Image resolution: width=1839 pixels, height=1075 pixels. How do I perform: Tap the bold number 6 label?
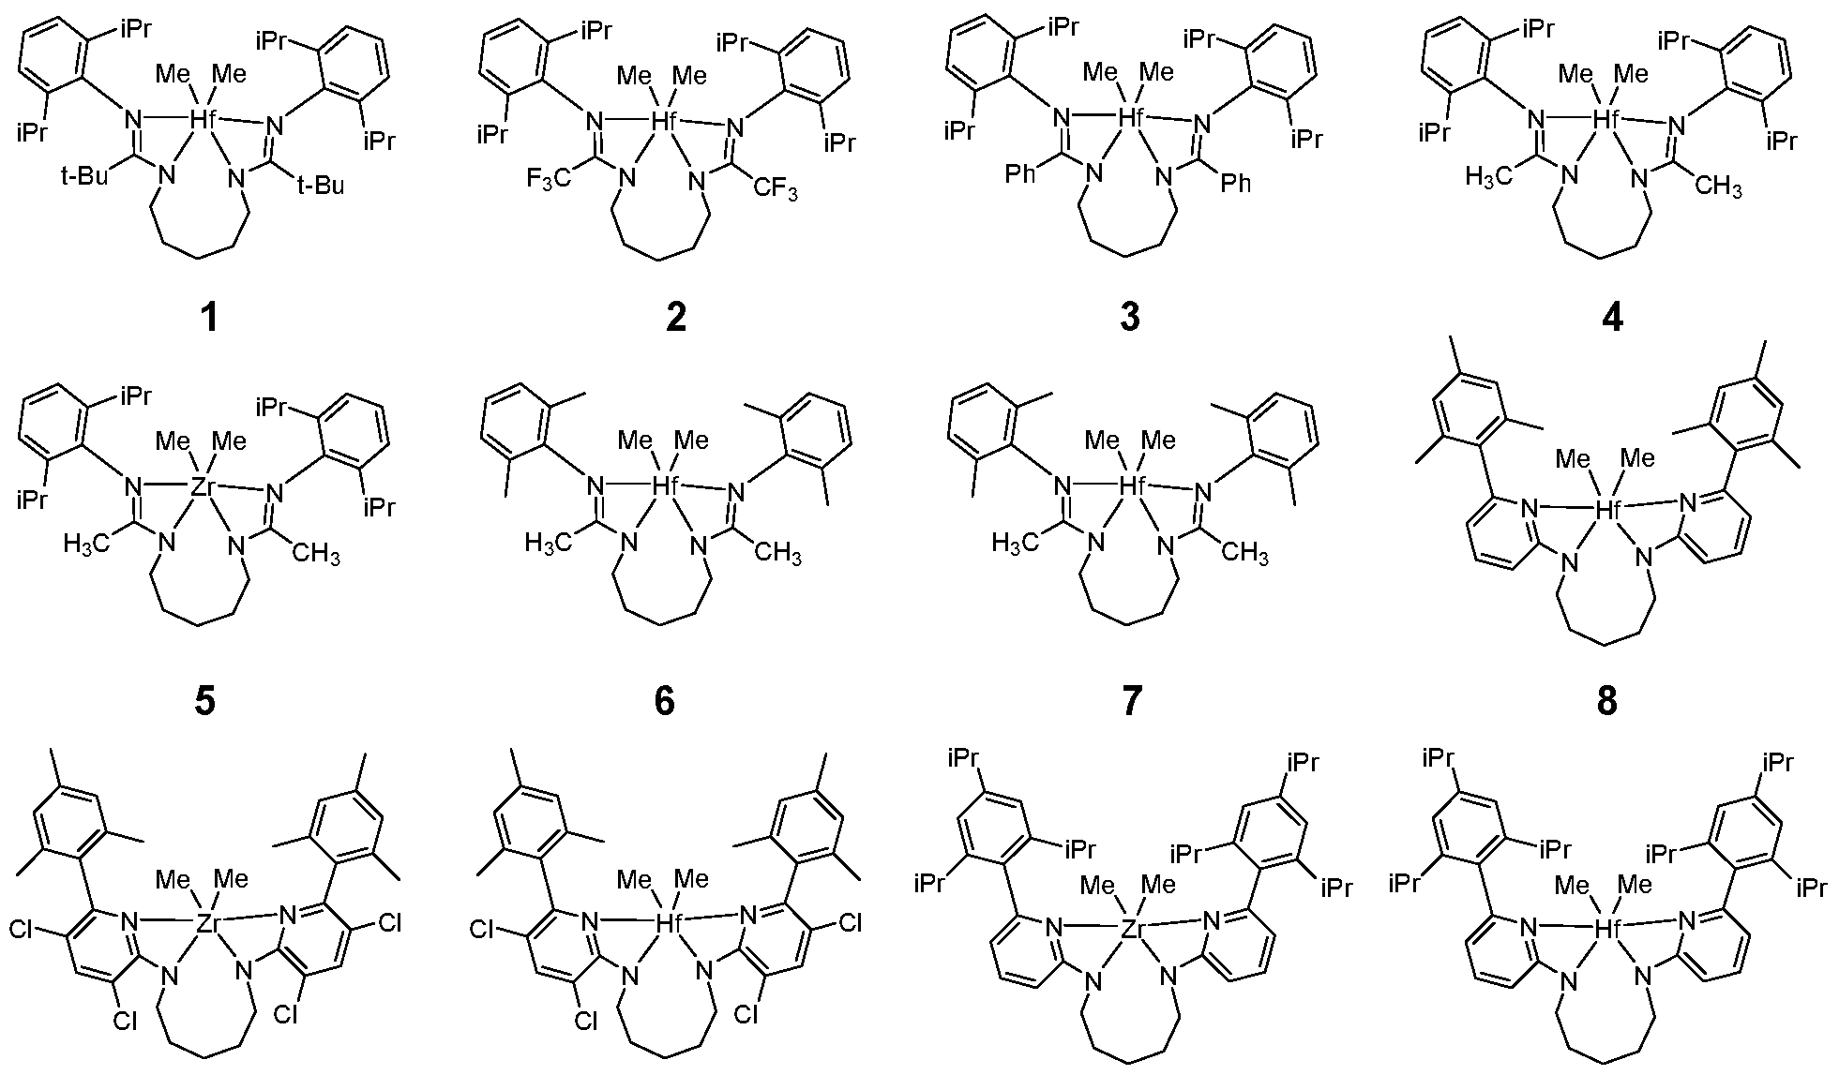click(x=665, y=700)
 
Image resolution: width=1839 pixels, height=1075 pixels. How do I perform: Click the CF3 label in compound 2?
click(x=776, y=189)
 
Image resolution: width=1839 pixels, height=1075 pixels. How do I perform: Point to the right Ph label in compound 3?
click(x=1236, y=183)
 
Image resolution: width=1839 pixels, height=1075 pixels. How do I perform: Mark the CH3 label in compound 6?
click(x=776, y=553)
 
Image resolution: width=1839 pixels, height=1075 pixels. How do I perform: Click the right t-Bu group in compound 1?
click(x=320, y=186)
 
